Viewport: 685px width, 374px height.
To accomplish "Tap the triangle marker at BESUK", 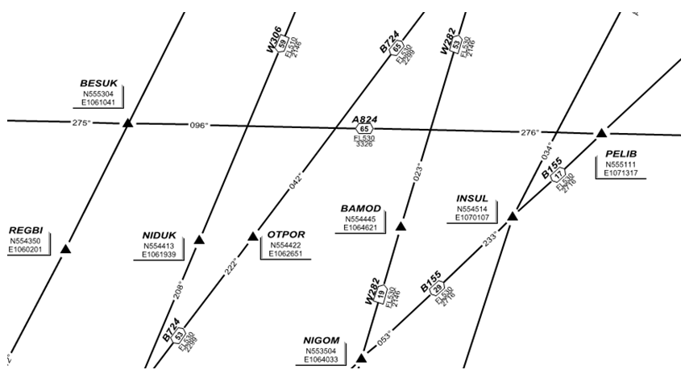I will pyautogui.click(x=127, y=123).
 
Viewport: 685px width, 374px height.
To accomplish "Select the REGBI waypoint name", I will pyautogui.click(x=26, y=230).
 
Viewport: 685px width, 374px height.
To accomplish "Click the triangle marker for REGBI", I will pyautogui.click(x=66, y=248).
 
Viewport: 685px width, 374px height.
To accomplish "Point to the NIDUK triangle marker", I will pyautogui.click(x=199, y=239).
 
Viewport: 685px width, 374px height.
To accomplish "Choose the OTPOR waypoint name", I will pyautogui.click(x=285, y=235).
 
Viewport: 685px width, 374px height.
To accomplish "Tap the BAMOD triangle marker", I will pyautogui.click(x=401, y=226).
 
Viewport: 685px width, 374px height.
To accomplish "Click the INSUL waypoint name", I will pyautogui.click(x=472, y=197).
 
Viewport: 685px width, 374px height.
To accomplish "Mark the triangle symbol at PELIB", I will pyautogui.click(x=600, y=133).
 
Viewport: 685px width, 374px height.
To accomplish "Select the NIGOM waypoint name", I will pyautogui.click(x=321, y=339).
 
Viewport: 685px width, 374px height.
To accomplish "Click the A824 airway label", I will pyautogui.click(x=365, y=119).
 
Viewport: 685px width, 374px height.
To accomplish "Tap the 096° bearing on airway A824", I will pyautogui.click(x=198, y=125).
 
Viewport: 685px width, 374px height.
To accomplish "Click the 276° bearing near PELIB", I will pyautogui.click(x=529, y=132).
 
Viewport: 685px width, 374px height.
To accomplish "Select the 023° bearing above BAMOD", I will pyautogui.click(x=417, y=173).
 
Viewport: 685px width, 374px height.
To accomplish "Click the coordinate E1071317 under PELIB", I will pyautogui.click(x=621, y=172).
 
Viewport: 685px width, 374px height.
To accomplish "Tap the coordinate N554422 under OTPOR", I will pyautogui.click(x=286, y=246).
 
